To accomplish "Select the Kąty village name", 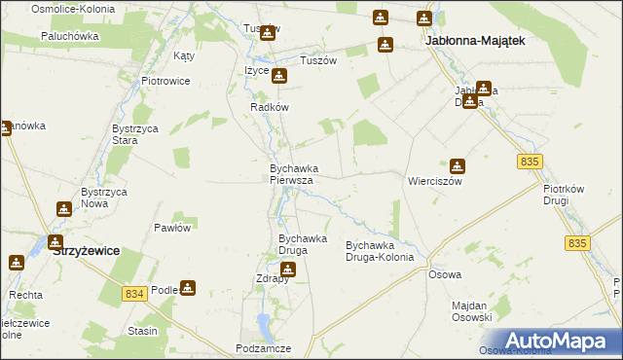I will tap(184, 56).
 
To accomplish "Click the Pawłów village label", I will tap(172, 227).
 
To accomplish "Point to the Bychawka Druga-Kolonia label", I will tap(381, 252).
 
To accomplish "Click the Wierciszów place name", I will tap(434, 181).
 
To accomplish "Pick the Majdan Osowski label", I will tap(472, 311).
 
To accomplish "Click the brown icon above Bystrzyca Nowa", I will tap(64, 208).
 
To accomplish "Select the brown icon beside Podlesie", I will tap(188, 288).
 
